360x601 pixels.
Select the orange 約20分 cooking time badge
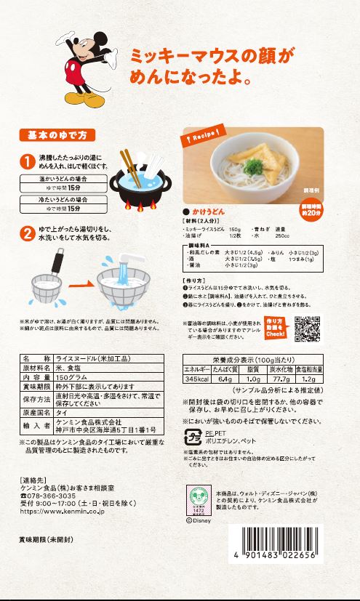tap(311, 209)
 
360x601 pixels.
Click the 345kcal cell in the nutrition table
tap(196, 379)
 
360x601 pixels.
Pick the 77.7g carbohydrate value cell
tap(276, 379)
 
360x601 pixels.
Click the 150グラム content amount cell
tap(68, 377)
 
